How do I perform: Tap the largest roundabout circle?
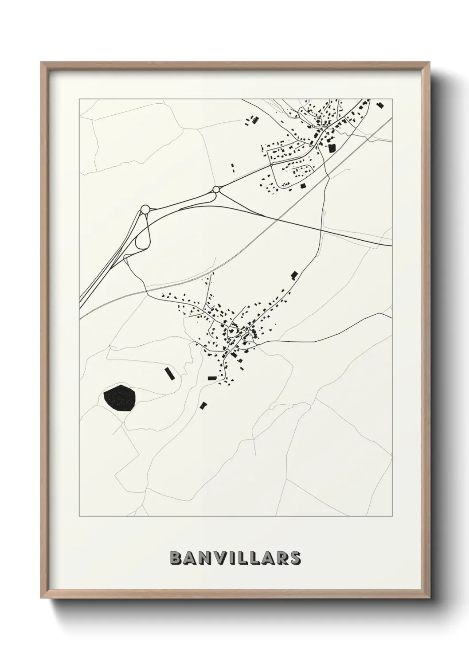coord(145,209)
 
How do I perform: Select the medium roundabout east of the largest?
coord(216,190)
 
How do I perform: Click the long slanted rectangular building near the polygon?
coord(168,373)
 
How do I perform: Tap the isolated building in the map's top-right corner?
coord(379,105)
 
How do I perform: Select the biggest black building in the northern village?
coord(332,148)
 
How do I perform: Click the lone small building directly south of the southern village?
coord(203,405)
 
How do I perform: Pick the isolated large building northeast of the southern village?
coord(293,275)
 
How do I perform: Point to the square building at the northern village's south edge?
coord(303,186)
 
